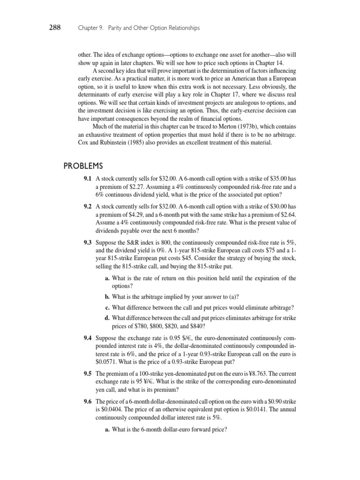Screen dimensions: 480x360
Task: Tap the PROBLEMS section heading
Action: tap(82, 166)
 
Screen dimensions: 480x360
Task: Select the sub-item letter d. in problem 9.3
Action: tap(107, 318)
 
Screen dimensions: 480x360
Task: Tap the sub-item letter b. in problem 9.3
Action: tap(107, 296)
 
